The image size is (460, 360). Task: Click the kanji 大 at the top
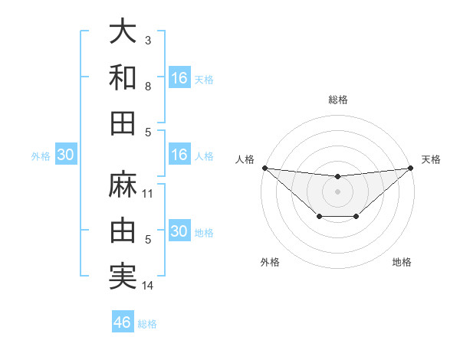(x=123, y=32)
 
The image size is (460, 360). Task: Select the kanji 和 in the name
(x=123, y=77)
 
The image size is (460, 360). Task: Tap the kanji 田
(x=123, y=123)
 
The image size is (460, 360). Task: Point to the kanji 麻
(x=123, y=185)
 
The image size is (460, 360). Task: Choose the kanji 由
(x=123, y=230)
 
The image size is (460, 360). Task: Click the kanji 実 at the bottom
(x=123, y=276)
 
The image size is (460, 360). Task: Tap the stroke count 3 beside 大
(x=148, y=40)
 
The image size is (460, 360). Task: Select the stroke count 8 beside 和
(x=148, y=86)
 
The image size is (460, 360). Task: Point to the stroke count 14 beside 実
(x=148, y=286)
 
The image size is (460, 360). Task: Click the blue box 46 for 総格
(x=123, y=322)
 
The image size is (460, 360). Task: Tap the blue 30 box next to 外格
(x=66, y=155)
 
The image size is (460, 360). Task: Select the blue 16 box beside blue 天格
(x=179, y=77)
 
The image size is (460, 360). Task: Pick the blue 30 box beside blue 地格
(x=179, y=231)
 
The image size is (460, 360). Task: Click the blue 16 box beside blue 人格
(x=179, y=155)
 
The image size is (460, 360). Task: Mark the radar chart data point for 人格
(x=264, y=168)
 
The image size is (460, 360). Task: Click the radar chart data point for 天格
(x=411, y=168)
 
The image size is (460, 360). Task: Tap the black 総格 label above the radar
(x=338, y=100)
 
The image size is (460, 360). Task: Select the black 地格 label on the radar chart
(x=402, y=262)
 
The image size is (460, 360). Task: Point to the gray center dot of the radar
(x=338, y=191)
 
